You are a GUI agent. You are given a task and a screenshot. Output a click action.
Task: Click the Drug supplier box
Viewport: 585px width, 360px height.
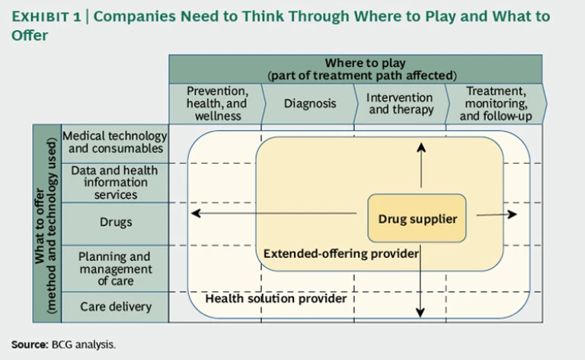click(417, 219)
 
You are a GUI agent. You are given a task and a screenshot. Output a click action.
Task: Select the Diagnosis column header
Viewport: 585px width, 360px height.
click(309, 104)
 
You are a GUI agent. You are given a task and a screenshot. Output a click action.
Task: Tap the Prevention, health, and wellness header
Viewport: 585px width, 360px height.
click(216, 104)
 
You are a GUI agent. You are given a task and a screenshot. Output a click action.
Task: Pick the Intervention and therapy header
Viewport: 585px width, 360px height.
click(399, 104)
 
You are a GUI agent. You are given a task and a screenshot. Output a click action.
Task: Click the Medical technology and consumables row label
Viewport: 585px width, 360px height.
click(115, 142)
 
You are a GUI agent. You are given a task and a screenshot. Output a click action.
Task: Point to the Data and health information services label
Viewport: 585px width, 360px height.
click(115, 183)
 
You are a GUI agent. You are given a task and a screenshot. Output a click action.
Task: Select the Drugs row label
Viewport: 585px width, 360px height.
click(115, 222)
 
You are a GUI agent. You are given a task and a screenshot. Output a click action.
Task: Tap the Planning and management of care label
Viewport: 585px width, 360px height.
click(115, 268)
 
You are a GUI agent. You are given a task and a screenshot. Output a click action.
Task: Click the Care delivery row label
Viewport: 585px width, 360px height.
click(115, 307)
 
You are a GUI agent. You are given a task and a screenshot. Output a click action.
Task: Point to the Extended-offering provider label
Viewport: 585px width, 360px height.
click(340, 253)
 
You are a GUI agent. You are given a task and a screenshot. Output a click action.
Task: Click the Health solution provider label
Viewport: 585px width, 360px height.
click(276, 298)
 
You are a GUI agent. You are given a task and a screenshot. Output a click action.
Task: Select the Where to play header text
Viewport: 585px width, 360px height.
click(355, 68)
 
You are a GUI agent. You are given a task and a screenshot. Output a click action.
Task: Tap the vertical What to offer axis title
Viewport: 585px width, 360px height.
click(46, 222)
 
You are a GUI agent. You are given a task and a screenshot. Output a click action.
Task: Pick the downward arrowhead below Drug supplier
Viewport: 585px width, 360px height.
click(420, 313)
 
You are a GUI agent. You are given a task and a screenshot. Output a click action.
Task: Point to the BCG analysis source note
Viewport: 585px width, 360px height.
click(64, 344)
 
